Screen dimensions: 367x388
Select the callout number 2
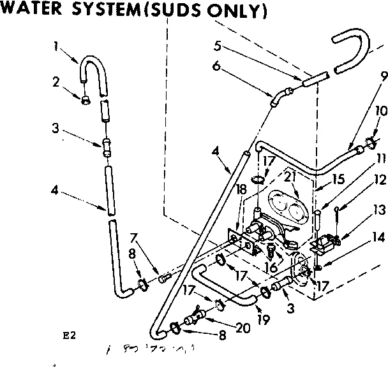pos(56,81)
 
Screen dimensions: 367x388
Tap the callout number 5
pos(218,46)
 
